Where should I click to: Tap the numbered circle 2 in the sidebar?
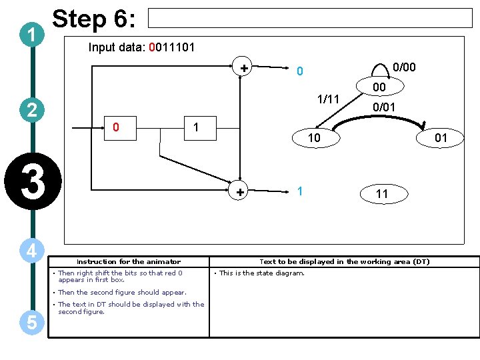[x=32, y=110]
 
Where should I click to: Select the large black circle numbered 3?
[x=32, y=181]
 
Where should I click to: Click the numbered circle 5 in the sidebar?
[x=32, y=322]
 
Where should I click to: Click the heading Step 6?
[x=94, y=19]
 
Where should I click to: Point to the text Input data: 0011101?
[x=141, y=48]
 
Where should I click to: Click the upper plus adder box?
[x=244, y=67]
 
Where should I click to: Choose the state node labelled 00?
[x=379, y=87]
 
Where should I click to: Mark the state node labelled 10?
[x=313, y=138]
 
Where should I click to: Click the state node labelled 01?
[x=441, y=138]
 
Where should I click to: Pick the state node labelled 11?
[x=381, y=194]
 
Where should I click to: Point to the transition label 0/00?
[x=404, y=67]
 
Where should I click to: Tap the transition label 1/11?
[x=329, y=99]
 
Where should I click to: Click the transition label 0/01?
[x=384, y=106]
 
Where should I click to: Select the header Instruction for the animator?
[x=128, y=261]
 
